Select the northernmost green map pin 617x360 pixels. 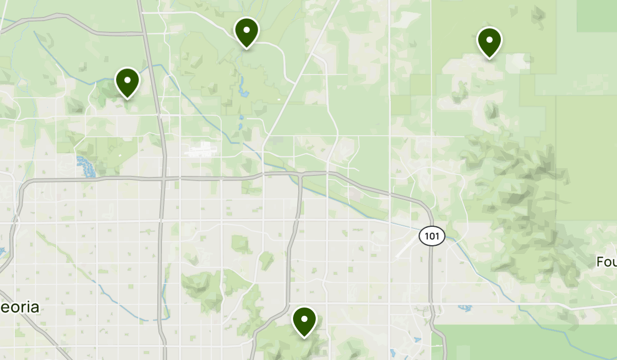[246, 32]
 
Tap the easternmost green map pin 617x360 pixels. [489, 42]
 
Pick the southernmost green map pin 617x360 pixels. [304, 321]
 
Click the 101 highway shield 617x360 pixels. [431, 237]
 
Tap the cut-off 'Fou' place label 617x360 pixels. [607, 262]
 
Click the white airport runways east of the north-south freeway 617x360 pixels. [201, 150]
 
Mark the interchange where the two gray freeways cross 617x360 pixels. [163, 179]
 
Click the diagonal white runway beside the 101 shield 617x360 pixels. [406, 247]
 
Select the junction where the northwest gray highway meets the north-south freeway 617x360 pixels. [142, 34]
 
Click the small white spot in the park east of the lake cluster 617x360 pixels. [120, 154]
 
